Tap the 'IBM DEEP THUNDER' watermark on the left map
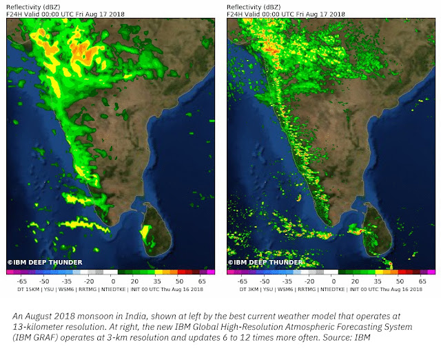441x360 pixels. [x=44, y=262]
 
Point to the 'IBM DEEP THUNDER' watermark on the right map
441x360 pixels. [x=265, y=262]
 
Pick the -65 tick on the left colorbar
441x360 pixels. [x=22, y=281]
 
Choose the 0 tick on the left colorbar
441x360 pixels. [x=113, y=281]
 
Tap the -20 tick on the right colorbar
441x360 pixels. [x=311, y=281]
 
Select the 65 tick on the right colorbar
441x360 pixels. [x=422, y=281]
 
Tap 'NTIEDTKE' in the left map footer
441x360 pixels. [x=119, y=290]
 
